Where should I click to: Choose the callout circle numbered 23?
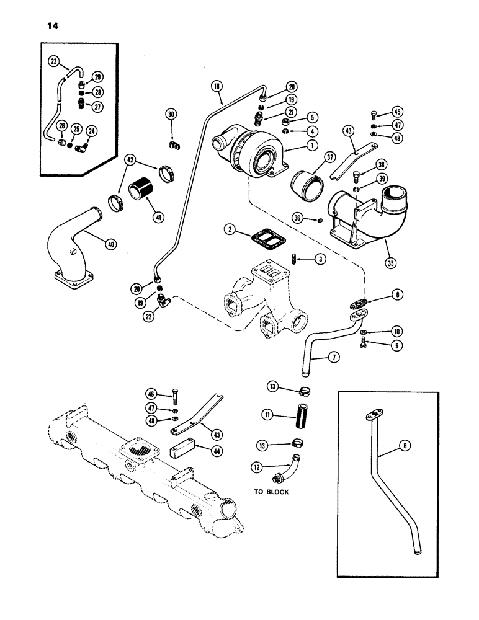(55, 61)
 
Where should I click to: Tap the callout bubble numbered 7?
(333, 357)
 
